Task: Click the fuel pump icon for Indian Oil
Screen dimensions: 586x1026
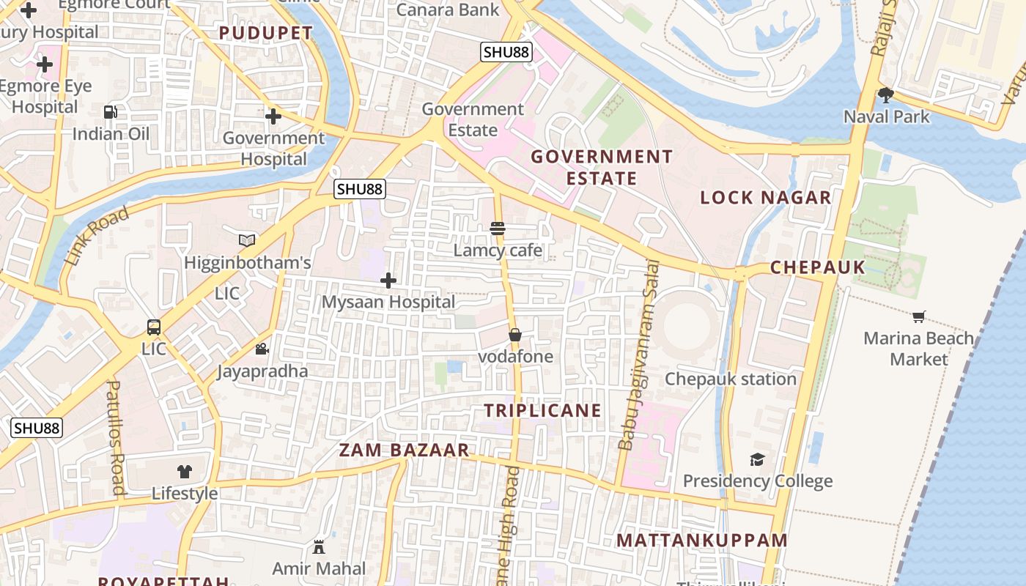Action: [110, 112]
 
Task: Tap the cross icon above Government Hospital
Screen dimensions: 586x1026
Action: [273, 116]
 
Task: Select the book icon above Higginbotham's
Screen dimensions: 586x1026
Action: [247, 240]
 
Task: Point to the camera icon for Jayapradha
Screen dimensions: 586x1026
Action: [262, 349]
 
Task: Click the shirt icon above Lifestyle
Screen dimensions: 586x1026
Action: [185, 472]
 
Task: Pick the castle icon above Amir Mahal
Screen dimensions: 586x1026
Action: [319, 546]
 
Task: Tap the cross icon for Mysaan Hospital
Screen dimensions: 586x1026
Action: [388, 281]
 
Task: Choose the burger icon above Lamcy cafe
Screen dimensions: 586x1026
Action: [498, 229]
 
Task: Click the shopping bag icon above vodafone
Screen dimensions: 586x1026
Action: [515, 335]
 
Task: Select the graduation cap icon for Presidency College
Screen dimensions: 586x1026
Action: [757, 459]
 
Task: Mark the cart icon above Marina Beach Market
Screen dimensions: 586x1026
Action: [919, 316]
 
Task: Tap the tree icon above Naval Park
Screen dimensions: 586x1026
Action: [886, 94]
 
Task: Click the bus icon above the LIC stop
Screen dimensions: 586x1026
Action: [154, 327]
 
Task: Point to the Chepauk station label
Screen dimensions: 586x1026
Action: [730, 379]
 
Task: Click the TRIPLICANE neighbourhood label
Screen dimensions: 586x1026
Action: [542, 411]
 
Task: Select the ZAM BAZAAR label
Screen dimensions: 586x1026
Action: [404, 450]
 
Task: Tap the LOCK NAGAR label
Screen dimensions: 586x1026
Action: [765, 198]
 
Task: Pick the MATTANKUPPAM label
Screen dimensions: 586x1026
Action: [701, 541]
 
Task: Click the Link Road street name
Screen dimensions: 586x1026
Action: [97, 236]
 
